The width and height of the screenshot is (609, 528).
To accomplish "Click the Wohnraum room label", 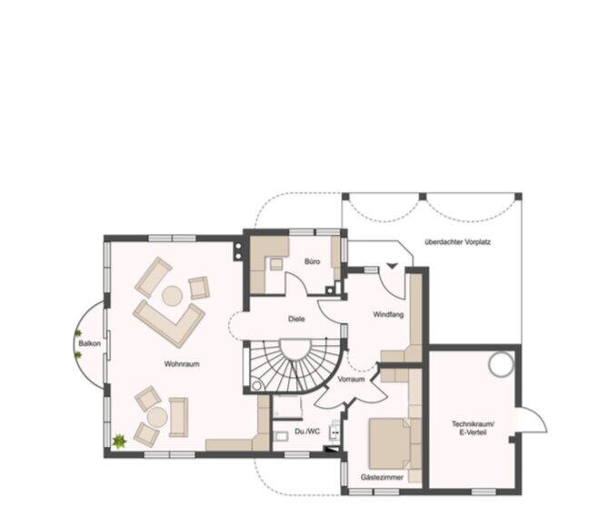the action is point(182,364).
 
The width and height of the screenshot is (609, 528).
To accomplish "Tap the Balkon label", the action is point(89,343).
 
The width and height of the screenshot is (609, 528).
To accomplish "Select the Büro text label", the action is point(313,261).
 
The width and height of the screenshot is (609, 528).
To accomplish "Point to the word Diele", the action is point(296,319).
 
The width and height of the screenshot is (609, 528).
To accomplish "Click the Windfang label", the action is point(388,314).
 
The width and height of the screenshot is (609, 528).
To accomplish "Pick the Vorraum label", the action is point(351,379).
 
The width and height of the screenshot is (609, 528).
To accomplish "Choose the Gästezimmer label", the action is point(382,477).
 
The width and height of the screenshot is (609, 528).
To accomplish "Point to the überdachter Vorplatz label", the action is point(458,242).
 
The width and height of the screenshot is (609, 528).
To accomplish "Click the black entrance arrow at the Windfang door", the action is point(392,266).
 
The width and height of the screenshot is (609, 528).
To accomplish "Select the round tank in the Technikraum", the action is point(501,364).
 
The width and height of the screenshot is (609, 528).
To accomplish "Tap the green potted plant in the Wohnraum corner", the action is point(119,442).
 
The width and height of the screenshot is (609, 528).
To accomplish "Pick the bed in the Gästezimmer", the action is point(390,443).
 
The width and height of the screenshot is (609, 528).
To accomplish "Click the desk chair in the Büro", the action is point(276,264).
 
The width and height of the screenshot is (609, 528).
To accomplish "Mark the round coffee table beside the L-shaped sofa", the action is point(172,296).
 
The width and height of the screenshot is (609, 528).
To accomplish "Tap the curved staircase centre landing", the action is point(296,349).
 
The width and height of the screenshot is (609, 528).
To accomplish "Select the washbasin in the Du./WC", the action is point(281,437).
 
